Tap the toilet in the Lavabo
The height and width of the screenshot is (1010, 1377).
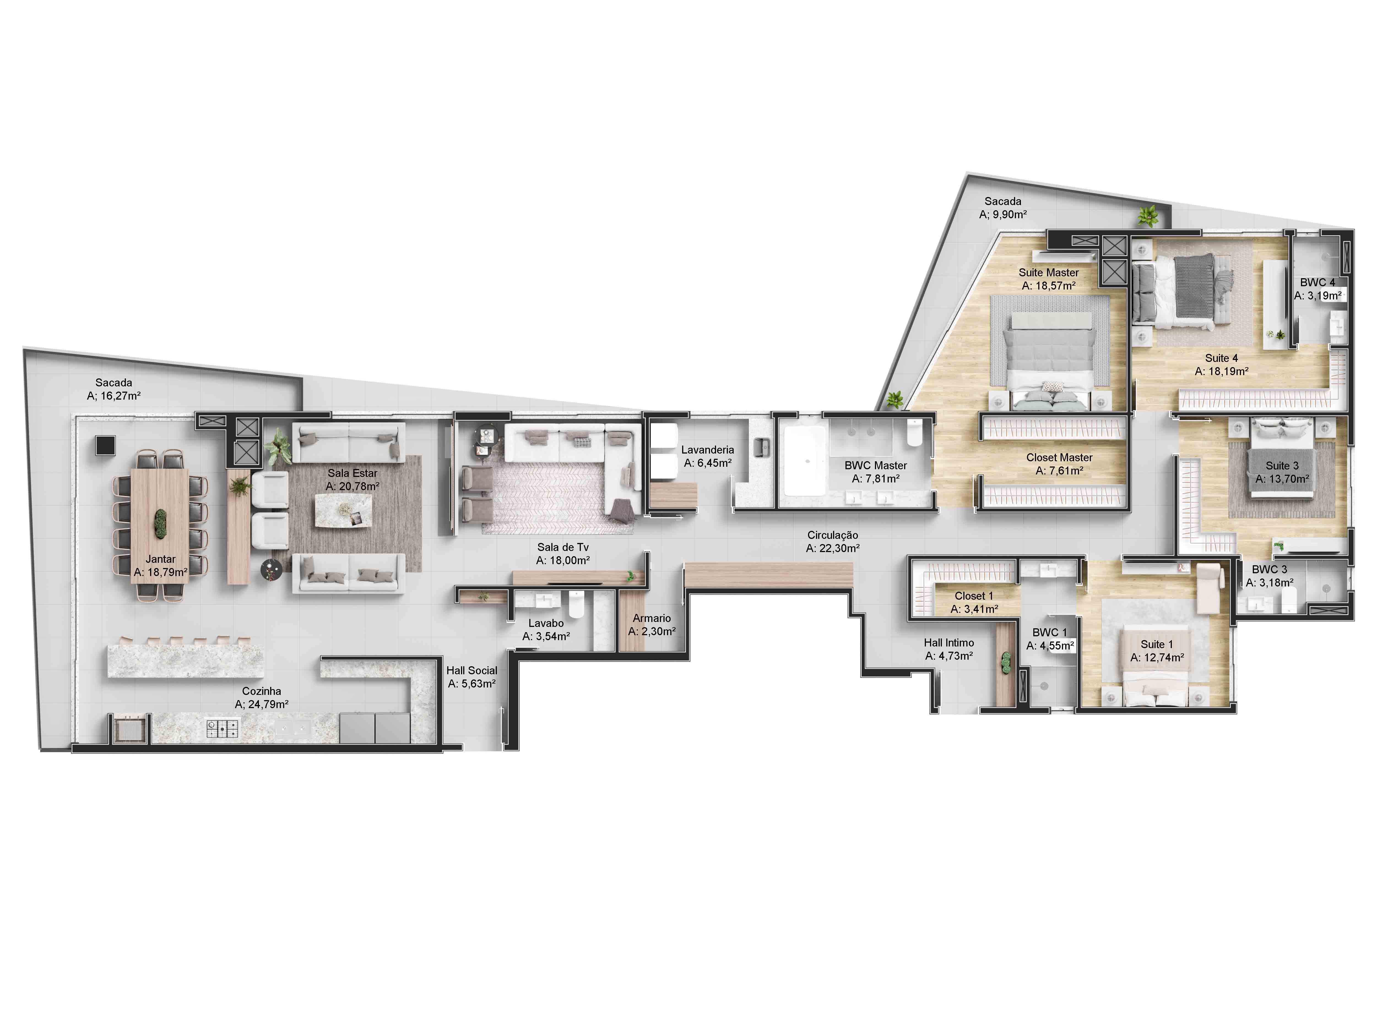pos(576,604)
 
